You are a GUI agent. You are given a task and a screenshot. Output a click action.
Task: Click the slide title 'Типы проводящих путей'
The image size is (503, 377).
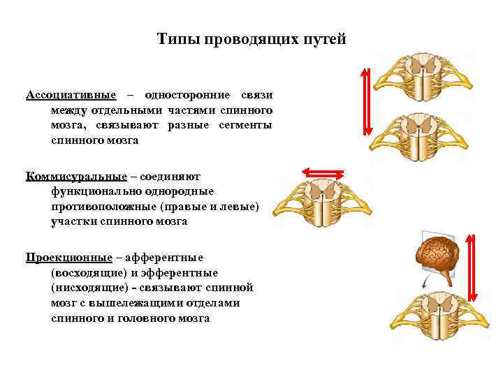[251, 39]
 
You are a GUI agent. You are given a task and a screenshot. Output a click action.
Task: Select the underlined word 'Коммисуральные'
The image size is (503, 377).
[76, 175]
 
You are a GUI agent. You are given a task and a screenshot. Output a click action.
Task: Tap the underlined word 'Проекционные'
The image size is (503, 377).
[68, 256]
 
